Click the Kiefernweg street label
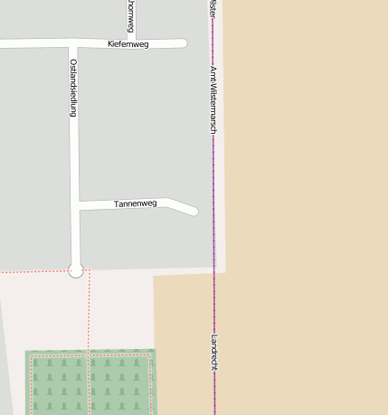[128, 43]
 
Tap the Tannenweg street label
[136, 203]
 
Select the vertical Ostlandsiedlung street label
[73, 88]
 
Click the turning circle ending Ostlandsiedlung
[76, 269]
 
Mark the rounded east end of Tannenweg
[194, 212]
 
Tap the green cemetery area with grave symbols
[90, 383]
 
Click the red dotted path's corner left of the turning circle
[89, 271]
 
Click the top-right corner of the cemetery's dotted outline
[149, 356]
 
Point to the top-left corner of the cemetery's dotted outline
[32, 356]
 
